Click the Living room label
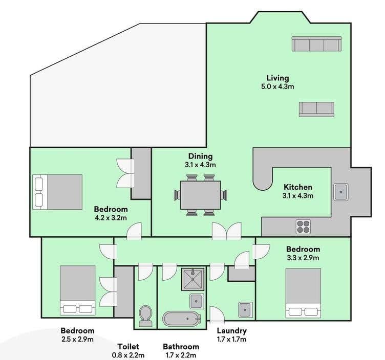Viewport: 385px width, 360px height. pyautogui.click(x=277, y=78)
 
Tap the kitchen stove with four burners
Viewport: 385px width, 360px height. pyautogui.click(x=303, y=227)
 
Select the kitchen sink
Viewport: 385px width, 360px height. pyautogui.click(x=341, y=192)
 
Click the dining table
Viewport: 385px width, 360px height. pyautogui.click(x=200, y=195)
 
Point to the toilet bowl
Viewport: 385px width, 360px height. pyautogui.click(x=145, y=316)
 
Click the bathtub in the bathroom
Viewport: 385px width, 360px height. pyautogui.click(x=181, y=319)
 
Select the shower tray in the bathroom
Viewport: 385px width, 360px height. pyautogui.click(x=193, y=279)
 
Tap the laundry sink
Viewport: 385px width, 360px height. pyautogui.click(x=245, y=310)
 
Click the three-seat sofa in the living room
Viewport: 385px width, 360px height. pyautogui.click(x=317, y=44)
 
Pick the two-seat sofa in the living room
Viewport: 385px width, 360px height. pyautogui.click(x=317, y=109)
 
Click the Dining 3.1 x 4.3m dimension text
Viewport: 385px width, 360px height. pyautogui.click(x=200, y=165)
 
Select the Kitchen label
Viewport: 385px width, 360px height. pyautogui.click(x=298, y=187)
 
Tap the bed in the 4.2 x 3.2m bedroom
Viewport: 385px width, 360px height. pyautogui.click(x=57, y=192)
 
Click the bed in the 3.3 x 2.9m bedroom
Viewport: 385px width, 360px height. pyautogui.click(x=303, y=294)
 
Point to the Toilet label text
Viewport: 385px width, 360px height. pyautogui.click(x=128, y=347)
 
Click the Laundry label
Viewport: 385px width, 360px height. pyautogui.click(x=231, y=331)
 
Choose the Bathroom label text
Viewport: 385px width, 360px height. pyautogui.click(x=181, y=347)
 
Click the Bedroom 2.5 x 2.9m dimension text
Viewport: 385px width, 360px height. pyautogui.click(x=78, y=340)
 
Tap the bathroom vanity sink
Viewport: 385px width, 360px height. pyautogui.click(x=197, y=301)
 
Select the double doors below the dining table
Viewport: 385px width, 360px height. pyautogui.click(x=227, y=231)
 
